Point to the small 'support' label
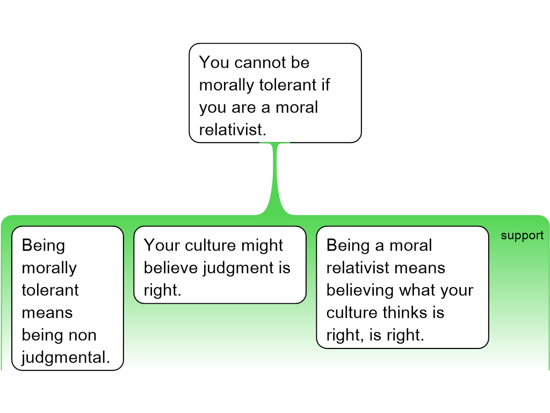pos(522,236)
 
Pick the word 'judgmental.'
pos(66,358)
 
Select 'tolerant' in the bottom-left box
pos(50,290)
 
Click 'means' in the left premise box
pos(47,312)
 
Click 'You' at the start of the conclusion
pos(214,63)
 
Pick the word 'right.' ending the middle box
pos(163,290)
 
